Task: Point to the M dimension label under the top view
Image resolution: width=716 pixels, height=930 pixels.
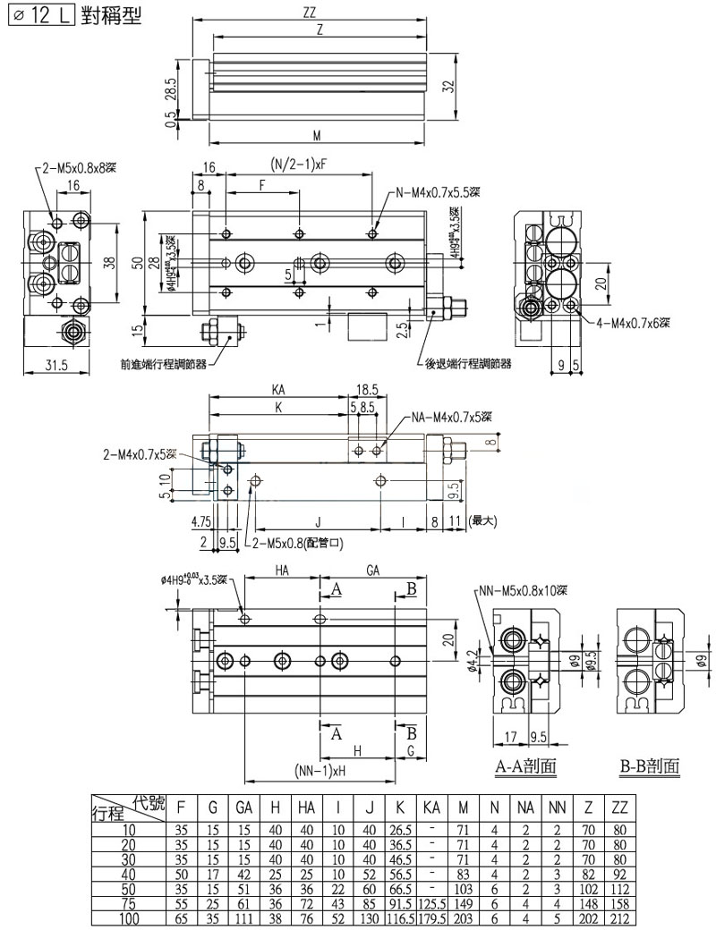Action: pos(317,136)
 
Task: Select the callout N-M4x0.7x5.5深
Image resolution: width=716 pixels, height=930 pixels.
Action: pos(438,193)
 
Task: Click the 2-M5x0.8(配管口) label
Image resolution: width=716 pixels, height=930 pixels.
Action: pos(301,543)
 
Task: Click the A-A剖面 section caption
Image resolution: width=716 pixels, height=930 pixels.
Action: pos(525,766)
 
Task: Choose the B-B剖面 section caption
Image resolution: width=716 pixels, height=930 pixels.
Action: pos(649,766)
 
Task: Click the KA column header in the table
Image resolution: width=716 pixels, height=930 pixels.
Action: pos(431,808)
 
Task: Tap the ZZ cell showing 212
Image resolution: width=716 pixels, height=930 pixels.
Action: pos(618,918)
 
